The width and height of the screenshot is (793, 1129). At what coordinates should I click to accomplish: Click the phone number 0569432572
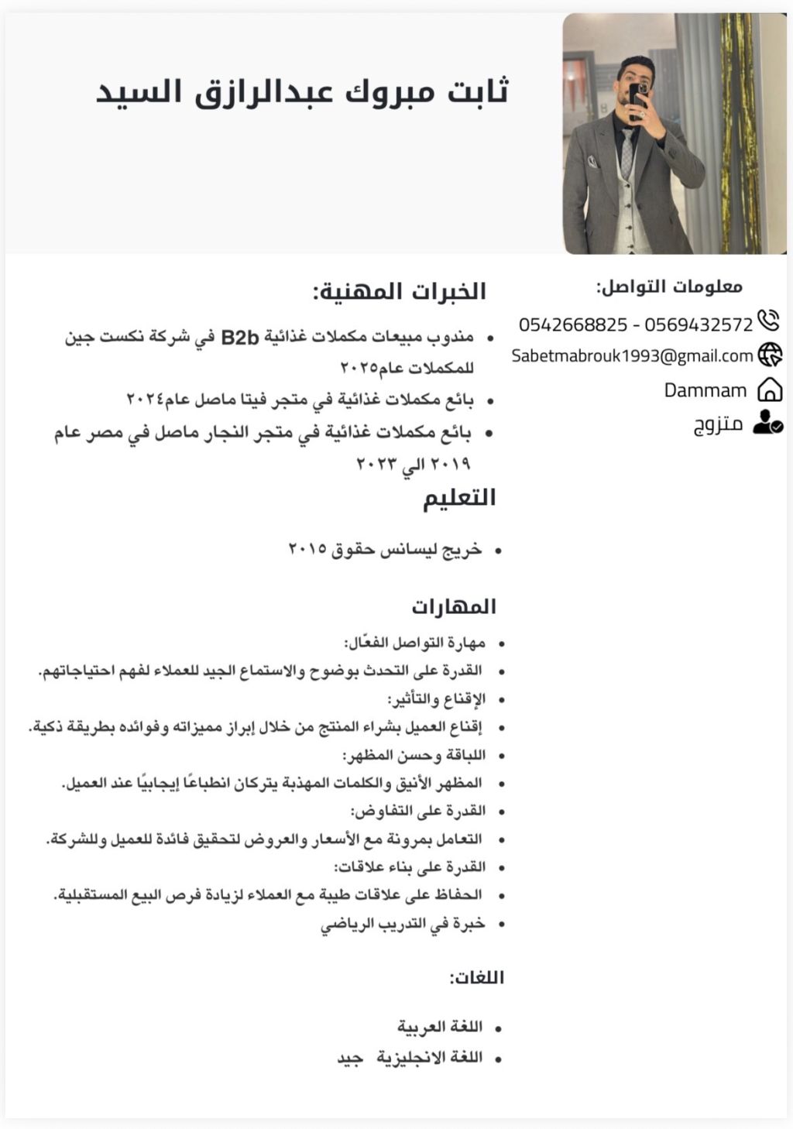[699, 324]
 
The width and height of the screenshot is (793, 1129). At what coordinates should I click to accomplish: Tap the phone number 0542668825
[573, 324]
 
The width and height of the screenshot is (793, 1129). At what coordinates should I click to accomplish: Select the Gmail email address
[632, 356]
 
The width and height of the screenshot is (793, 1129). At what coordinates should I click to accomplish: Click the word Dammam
[705, 390]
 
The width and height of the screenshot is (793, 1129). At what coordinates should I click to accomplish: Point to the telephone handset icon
[768, 321]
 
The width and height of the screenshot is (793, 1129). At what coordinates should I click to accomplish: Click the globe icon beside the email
[770, 355]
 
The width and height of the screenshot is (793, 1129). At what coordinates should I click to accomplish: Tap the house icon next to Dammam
[769, 389]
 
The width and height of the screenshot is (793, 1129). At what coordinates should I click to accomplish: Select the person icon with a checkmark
[767, 422]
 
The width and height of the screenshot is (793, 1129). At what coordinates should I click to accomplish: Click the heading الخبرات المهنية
[400, 292]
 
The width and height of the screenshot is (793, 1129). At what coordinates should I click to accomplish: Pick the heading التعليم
[459, 497]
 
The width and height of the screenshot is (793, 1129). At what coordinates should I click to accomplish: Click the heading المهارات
[454, 606]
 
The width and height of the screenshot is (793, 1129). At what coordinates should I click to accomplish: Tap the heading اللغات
[477, 977]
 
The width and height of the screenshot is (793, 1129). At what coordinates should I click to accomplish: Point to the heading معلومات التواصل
[669, 287]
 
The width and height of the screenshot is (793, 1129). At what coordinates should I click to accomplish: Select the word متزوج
[718, 424]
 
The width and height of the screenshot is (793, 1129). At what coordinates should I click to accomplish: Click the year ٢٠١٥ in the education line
[307, 549]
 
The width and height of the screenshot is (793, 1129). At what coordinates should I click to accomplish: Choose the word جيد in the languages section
[350, 1058]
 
